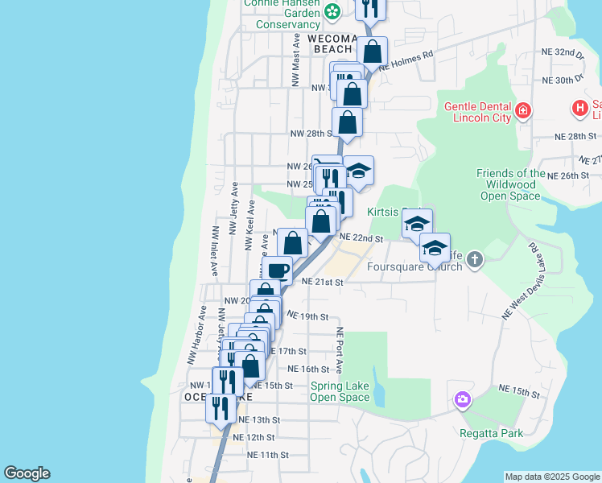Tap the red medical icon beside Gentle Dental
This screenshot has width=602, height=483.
point(524,109)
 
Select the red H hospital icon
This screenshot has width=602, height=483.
point(579,108)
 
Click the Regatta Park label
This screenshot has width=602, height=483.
point(491,433)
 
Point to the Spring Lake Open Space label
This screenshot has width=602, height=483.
point(340,391)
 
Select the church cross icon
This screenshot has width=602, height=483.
point(475,259)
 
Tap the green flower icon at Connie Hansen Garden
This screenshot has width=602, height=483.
point(332,11)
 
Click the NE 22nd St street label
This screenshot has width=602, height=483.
point(361,238)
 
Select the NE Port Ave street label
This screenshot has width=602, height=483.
point(340,350)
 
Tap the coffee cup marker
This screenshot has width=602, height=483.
point(277,270)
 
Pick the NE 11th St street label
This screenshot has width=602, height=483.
point(267,455)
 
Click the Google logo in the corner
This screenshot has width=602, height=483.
point(27,473)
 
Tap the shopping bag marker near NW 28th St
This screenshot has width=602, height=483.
point(347,122)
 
